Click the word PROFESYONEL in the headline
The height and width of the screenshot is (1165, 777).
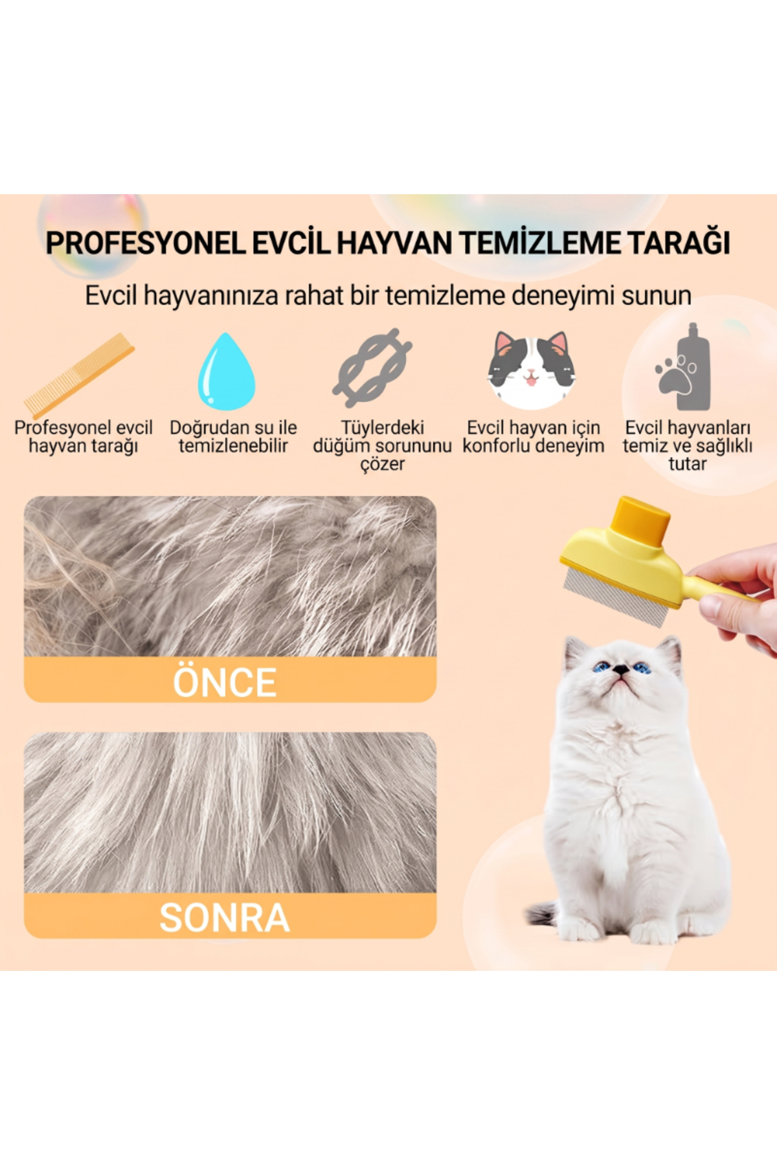tap(146, 243)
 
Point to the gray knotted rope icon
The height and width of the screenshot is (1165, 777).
tap(372, 367)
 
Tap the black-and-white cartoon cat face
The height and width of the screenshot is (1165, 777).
tap(532, 370)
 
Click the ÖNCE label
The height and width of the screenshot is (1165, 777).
tap(225, 681)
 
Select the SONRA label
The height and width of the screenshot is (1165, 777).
tap(225, 917)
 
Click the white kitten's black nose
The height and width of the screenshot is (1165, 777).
tap(621, 671)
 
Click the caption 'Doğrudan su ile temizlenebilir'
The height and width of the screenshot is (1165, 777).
tap(233, 436)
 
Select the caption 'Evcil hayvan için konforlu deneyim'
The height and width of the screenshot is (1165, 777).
tap(534, 436)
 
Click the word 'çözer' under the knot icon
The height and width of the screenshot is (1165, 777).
tap(382, 464)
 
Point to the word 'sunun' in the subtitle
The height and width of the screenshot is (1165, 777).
tap(657, 296)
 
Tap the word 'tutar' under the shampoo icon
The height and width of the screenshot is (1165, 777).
tap(688, 463)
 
